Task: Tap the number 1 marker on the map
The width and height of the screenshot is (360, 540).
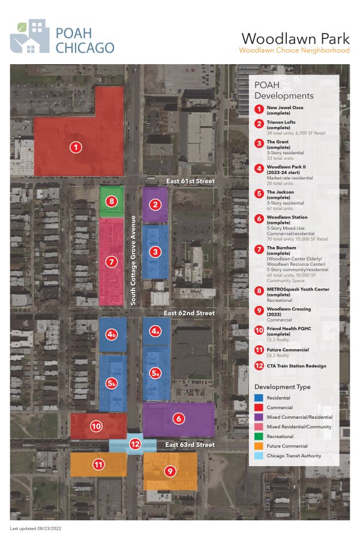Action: click(76, 146)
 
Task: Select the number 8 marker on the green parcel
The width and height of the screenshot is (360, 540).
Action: click(111, 201)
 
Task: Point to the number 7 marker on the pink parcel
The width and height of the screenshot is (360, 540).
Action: click(111, 262)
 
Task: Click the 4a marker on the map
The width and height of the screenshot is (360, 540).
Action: click(156, 331)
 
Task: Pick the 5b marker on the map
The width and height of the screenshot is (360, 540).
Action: click(112, 383)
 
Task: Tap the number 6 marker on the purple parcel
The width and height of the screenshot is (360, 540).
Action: click(177, 419)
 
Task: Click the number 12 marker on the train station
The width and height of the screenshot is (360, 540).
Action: click(135, 445)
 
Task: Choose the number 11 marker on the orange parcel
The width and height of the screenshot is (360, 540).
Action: click(98, 464)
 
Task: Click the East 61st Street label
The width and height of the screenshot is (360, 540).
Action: click(191, 181)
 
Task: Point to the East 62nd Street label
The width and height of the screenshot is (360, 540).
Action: click(190, 313)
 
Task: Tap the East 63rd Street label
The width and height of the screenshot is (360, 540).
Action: click(190, 445)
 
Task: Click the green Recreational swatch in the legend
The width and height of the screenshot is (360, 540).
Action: click(259, 436)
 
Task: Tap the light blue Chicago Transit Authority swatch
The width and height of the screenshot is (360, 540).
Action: click(259, 455)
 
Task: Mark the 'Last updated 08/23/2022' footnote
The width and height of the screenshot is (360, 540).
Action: click(36, 529)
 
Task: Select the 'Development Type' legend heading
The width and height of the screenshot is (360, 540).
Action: click(283, 387)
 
